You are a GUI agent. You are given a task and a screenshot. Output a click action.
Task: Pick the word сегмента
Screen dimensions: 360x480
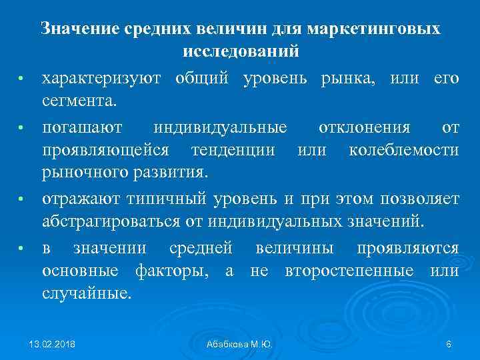pyautogui.click(x=79, y=102)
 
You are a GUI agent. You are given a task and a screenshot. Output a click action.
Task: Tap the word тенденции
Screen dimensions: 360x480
pyautogui.click(x=233, y=150)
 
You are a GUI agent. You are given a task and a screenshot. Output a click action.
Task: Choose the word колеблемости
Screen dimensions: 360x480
pyautogui.click(x=404, y=150)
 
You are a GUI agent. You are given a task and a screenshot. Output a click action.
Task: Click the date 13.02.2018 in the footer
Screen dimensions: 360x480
pyautogui.click(x=52, y=344)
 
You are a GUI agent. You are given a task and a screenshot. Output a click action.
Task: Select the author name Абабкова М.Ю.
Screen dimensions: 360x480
pyautogui.click(x=239, y=344)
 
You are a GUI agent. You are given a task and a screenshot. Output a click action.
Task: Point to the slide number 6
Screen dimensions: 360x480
pyautogui.click(x=449, y=344)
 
